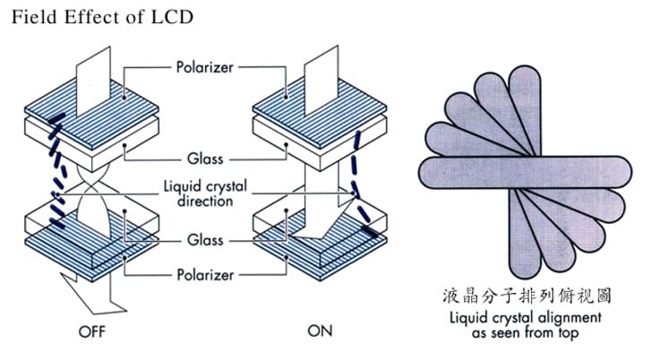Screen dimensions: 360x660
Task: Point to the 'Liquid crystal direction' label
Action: click(x=205, y=194)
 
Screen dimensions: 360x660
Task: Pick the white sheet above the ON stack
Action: click(x=321, y=72)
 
